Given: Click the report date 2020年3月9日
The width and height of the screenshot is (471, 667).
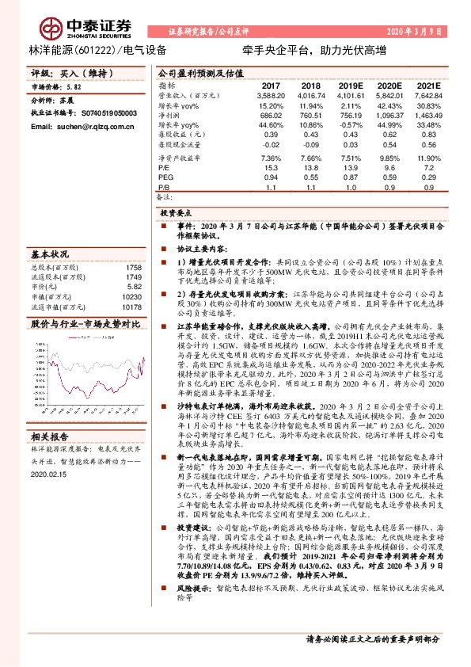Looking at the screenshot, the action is pos(416,33).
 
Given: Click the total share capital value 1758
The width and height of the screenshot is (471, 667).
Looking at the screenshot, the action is pos(133,267).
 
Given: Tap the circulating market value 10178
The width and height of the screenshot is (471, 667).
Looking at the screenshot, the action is pos(131,307).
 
